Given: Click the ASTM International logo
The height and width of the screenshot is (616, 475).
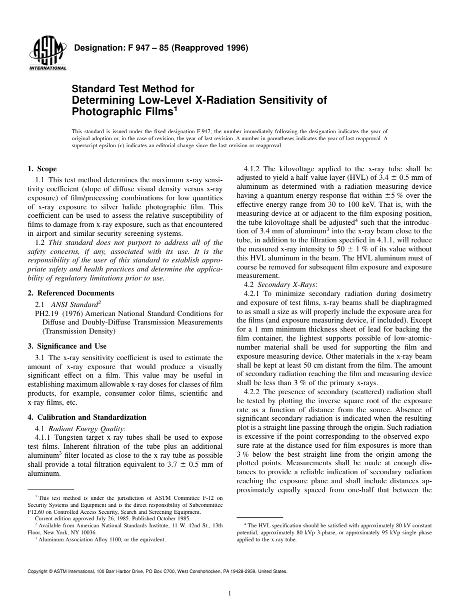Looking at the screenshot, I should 48,54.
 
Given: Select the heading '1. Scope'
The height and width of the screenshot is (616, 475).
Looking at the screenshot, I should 42,169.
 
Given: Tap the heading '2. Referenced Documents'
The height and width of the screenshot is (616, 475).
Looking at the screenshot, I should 70,293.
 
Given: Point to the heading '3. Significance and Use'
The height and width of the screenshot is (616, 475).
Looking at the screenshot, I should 67,346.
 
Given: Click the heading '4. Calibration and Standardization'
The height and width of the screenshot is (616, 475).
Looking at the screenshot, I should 87,417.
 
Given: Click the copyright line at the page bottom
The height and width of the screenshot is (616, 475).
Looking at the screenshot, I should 157,571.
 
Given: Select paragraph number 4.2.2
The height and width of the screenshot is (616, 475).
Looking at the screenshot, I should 252,391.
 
